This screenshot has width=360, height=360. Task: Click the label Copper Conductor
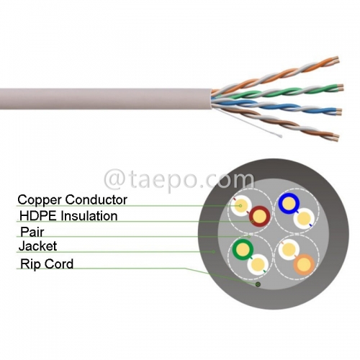click(x=72, y=199)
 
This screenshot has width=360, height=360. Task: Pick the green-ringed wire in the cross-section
click(x=241, y=250)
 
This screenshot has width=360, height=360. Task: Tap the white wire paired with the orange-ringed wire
click(x=288, y=250)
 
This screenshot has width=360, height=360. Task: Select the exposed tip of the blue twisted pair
click(x=338, y=112)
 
